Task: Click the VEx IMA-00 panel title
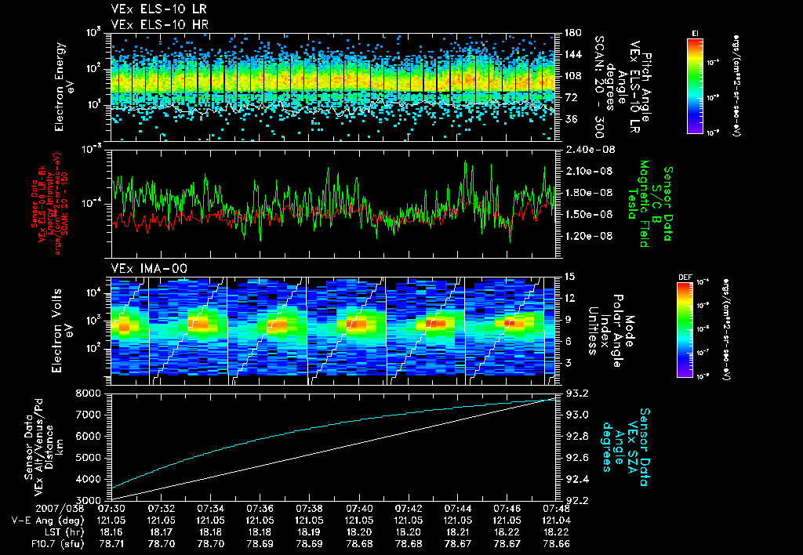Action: click(142, 268)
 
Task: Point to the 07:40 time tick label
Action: click(359, 508)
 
